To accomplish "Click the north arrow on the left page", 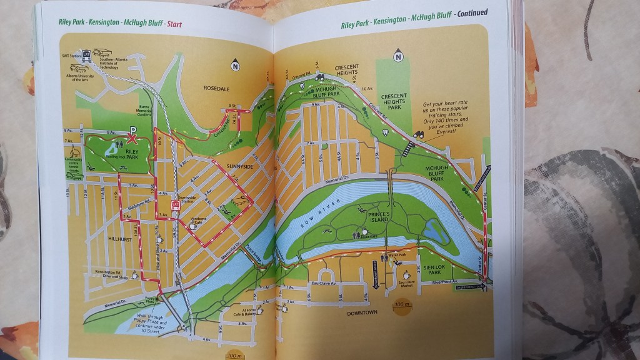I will coord(236,64).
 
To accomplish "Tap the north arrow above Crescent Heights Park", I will coord(397,58).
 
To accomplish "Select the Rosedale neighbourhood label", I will coord(217,88).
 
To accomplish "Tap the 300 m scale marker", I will coord(404,306).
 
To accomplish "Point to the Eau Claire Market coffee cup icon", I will coord(406,274).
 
